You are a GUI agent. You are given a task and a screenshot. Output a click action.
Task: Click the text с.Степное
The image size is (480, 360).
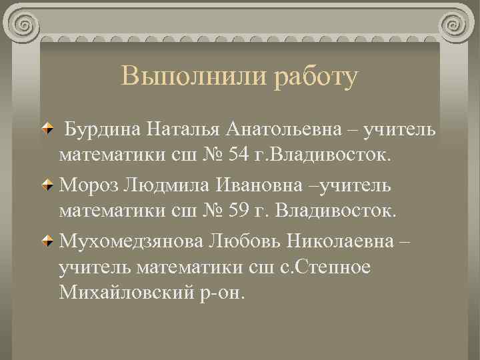[313, 267]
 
